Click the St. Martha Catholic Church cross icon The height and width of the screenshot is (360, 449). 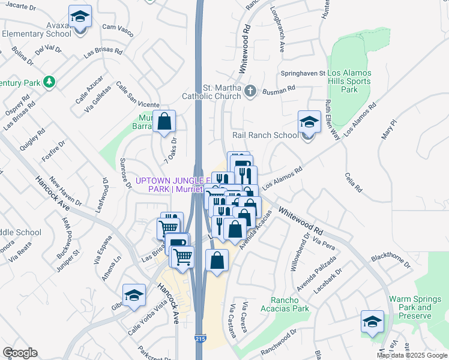coord(251,92)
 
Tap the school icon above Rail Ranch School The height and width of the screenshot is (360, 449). coord(309,122)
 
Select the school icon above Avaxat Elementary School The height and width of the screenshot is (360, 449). coord(79,17)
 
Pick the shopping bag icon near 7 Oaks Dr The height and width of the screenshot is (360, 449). coord(164,122)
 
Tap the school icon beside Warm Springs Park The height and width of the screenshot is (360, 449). coord(373,322)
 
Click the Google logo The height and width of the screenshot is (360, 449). coord(20,353)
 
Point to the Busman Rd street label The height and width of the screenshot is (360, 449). coord(280,88)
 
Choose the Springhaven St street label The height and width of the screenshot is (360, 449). coord(303,73)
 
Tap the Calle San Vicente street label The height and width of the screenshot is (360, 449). coord(137,95)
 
